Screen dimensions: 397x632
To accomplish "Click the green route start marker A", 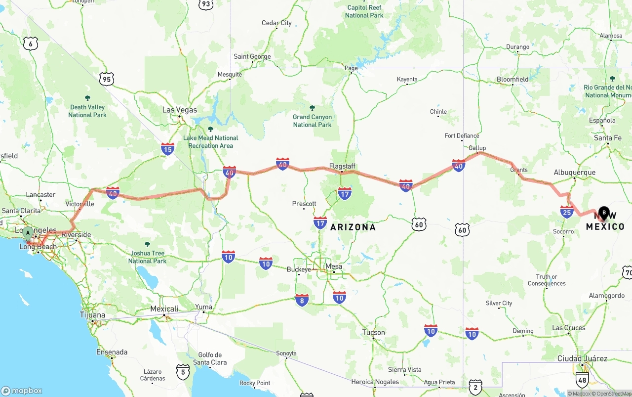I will pos(28,232).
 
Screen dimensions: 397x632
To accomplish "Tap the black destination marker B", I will pos(603,213).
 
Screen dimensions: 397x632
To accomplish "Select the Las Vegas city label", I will pos(180,110).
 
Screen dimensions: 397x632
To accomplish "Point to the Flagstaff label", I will pos(342,166).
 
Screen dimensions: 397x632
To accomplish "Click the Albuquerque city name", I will pos(574,173).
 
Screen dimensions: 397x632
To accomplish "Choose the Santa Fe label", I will pos(607,138).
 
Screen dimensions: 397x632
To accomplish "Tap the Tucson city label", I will pos(373,332).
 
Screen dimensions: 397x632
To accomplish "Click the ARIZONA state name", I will pos(353,227).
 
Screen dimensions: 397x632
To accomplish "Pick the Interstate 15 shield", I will pos(167,148).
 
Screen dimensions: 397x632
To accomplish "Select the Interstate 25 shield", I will pos(567,212).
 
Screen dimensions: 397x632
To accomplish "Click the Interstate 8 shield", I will pos(302,300).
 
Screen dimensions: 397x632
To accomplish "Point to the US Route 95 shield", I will pos(106,79).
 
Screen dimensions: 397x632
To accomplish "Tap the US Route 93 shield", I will pos(206,4).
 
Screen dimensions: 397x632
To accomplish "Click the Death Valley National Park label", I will pos(87,111).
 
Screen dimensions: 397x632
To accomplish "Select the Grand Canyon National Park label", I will pos(312,121).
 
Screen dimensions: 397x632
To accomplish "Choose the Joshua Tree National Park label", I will pos(147,257).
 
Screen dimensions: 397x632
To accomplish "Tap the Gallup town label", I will pos(477,148).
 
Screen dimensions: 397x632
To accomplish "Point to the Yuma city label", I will pos(203,307).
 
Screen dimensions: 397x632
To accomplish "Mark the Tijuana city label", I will pos(92,315).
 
